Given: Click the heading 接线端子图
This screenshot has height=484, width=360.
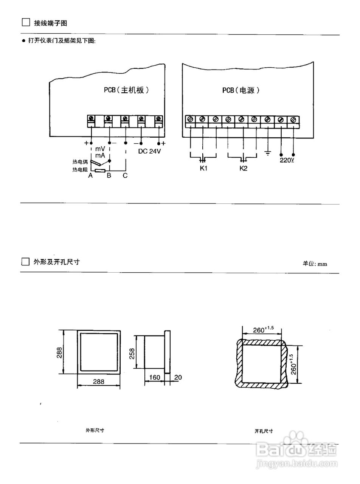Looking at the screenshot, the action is coord(50,23).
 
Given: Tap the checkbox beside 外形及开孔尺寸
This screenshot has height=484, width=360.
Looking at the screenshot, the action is coord(25,262).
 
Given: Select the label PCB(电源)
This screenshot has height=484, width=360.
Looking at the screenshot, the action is coord(241,90).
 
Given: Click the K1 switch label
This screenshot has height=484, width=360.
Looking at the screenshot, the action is coord(203,168).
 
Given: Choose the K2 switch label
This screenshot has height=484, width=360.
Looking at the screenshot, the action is coord(243,168).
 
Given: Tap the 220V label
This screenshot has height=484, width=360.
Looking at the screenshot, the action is coord(287,160).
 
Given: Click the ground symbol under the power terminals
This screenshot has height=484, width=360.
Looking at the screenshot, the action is coord(268,153).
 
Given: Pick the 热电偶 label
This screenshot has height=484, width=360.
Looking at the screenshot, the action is coord(80,162).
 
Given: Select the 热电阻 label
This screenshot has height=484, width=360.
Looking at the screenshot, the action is coord(80,170).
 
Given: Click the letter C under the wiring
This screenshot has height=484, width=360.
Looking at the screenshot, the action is coord(125,176).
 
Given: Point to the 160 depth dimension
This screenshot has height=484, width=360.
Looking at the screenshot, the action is coord(155,377).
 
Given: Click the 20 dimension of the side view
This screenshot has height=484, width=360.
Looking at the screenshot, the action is coord(178,377).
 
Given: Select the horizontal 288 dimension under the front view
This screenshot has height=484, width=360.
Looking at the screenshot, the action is coord(98,382).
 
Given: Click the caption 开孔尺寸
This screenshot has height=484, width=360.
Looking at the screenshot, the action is coord(264,431).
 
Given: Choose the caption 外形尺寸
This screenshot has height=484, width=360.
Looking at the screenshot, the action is coord(95,430).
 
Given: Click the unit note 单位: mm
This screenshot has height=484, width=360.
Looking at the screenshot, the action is coord(315,264).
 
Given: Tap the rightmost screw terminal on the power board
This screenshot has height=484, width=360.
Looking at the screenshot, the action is coord(293,119).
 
